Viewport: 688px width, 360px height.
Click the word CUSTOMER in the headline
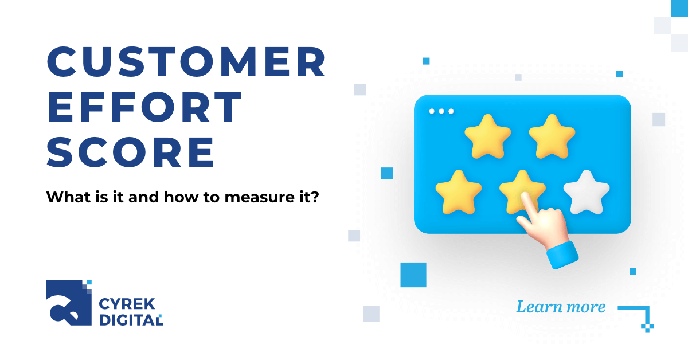pyautogui.click(x=186, y=62)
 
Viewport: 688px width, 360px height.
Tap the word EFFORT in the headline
pyautogui.click(x=144, y=107)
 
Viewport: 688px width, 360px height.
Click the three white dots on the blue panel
pyautogui.click(x=441, y=111)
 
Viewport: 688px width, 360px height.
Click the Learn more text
pyautogui.click(x=560, y=307)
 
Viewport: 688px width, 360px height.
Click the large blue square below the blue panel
pyautogui.click(x=413, y=275)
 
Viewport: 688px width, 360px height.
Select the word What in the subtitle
pyautogui.click(x=65, y=198)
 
